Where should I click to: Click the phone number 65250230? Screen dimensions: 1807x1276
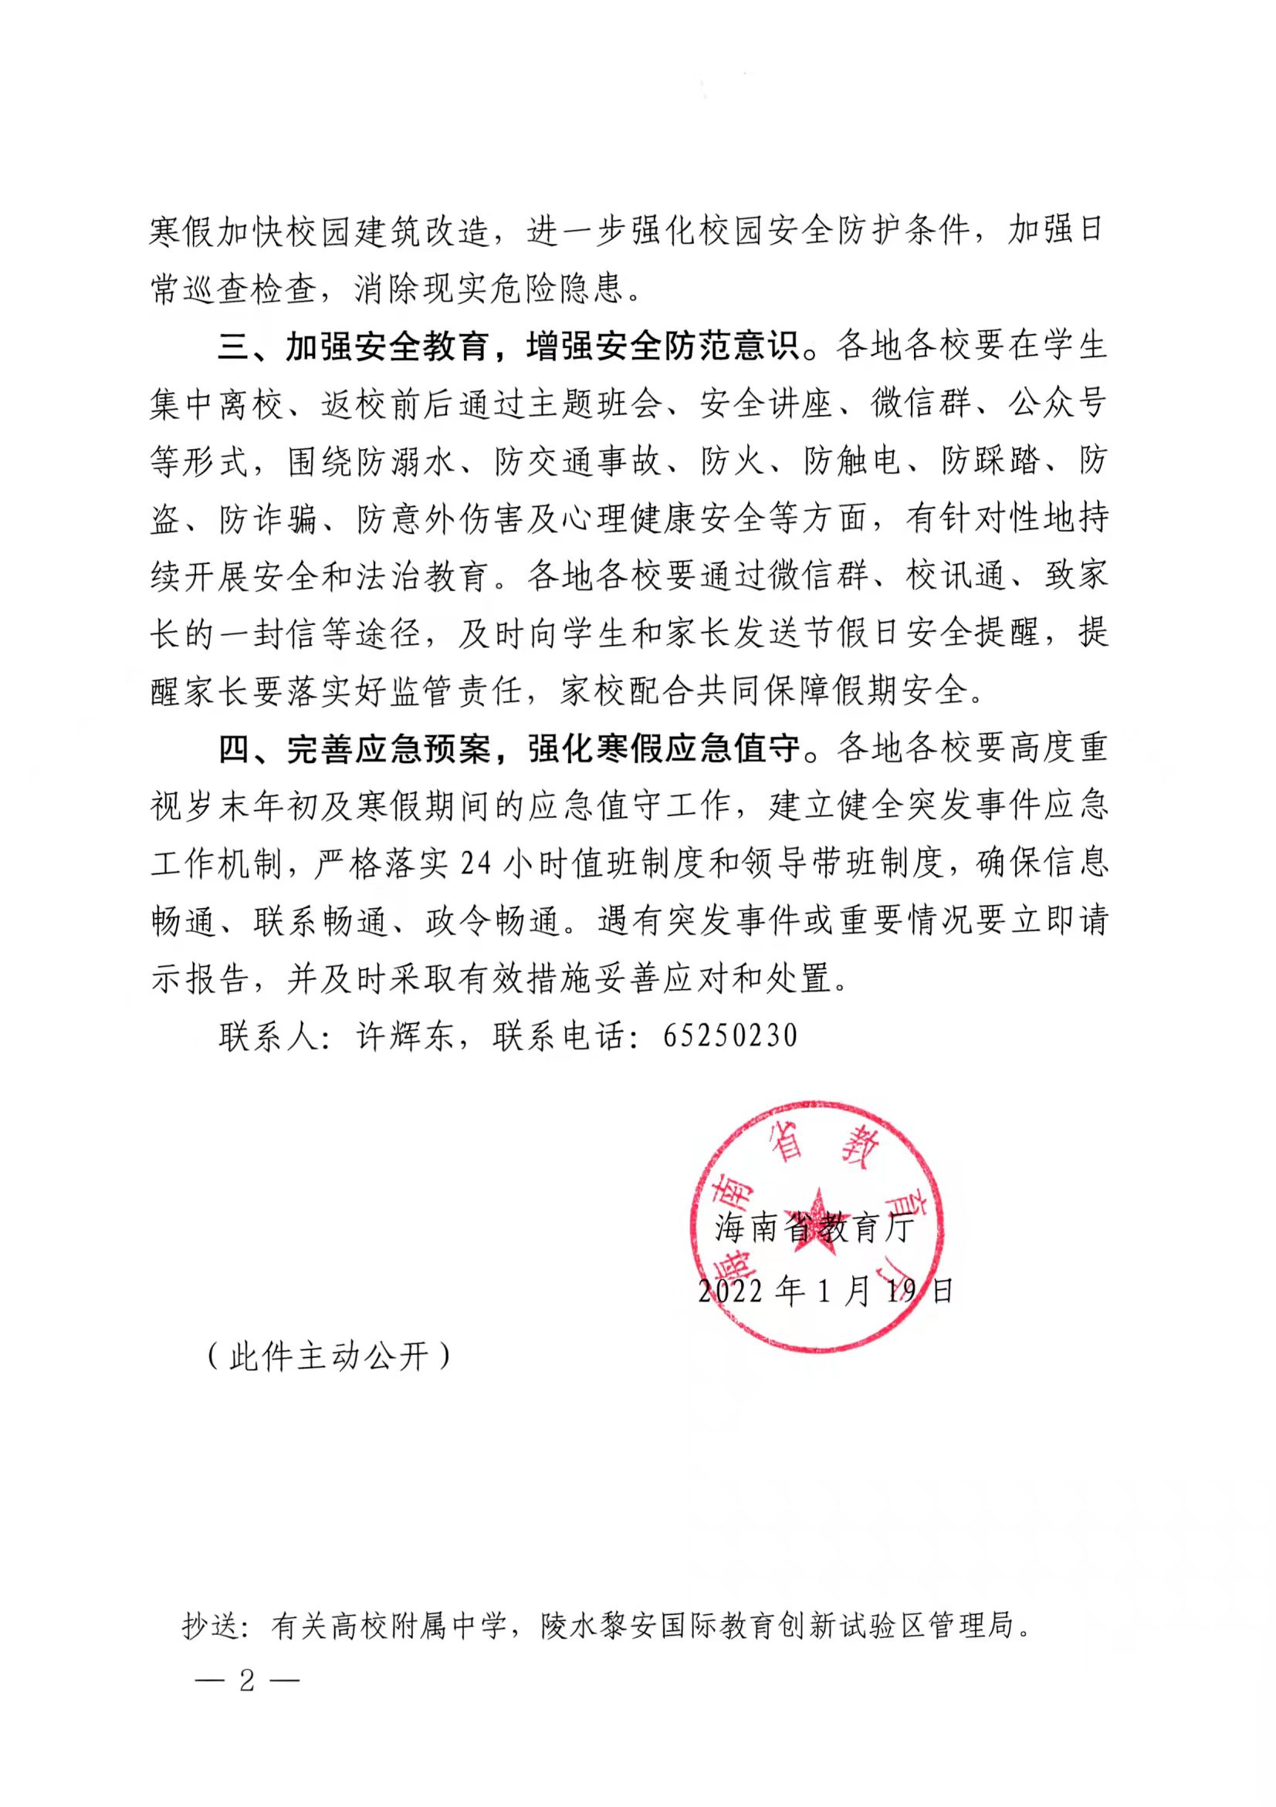tap(730, 1035)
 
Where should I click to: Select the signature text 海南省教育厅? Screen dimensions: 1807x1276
tap(814, 1228)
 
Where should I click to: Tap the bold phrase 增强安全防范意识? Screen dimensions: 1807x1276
tap(662, 347)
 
